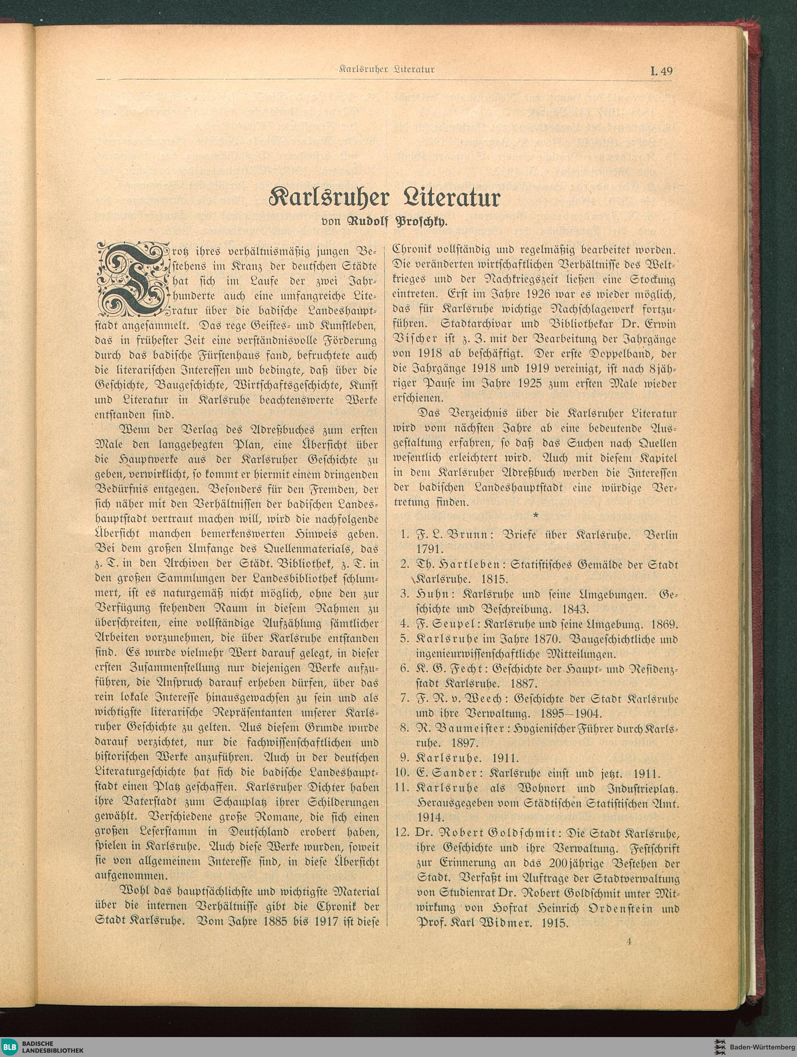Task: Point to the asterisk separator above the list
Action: click(x=536, y=515)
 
